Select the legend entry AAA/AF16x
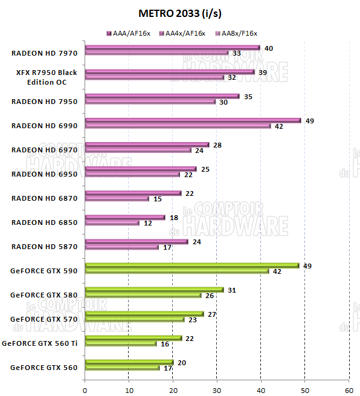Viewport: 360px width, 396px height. coord(129,33)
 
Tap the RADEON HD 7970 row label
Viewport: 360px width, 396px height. coord(44,53)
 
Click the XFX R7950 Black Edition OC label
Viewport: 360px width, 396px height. coord(47,77)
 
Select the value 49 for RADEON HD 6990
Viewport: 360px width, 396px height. coord(310,120)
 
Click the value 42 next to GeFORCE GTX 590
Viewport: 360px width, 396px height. coord(278,271)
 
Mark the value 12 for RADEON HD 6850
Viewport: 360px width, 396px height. coord(147,223)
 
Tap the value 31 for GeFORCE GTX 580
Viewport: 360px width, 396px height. coord(233,290)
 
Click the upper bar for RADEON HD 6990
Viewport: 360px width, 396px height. coord(193,120)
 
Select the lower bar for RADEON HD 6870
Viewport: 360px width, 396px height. coord(117,198)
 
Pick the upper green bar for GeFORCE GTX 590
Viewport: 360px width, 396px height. coord(192,265)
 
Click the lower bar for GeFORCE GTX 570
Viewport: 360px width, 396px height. coord(135,319)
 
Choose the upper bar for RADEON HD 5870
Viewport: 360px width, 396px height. coord(137,241)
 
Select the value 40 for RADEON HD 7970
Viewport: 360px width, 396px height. coord(269,48)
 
